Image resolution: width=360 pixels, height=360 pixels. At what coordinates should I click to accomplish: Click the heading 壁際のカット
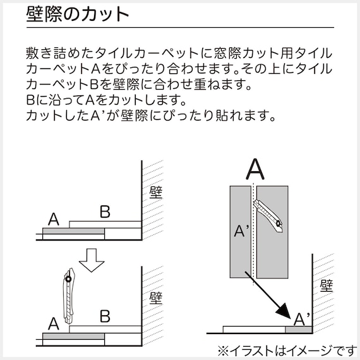[x=78, y=15]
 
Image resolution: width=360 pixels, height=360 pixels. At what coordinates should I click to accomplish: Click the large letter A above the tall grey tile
[x=254, y=169]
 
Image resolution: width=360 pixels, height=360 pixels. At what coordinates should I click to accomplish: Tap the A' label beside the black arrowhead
[x=303, y=316]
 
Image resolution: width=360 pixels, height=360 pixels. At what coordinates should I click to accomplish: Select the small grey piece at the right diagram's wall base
[x=297, y=329]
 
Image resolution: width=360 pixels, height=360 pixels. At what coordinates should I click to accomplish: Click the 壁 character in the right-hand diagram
[x=326, y=285]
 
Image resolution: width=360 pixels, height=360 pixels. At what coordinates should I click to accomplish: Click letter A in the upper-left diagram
[x=54, y=219]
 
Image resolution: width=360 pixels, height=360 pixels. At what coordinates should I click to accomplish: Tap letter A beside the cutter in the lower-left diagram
[x=54, y=323]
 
